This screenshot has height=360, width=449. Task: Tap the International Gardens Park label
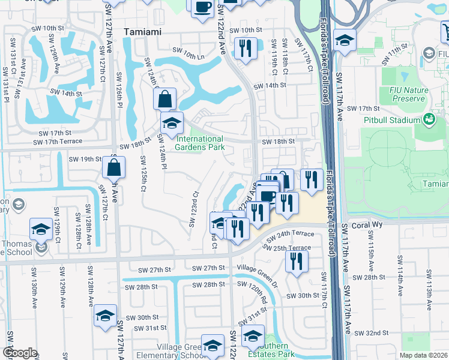(x=200, y=143)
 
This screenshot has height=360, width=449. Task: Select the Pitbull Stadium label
(x=392, y=120)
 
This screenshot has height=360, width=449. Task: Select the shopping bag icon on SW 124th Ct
(x=164, y=98)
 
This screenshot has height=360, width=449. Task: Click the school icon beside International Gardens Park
(x=172, y=123)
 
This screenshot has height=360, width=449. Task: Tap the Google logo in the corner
(x=19, y=353)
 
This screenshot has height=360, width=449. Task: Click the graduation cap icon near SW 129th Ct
(x=41, y=229)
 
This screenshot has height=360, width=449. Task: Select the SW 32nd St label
(x=372, y=332)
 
